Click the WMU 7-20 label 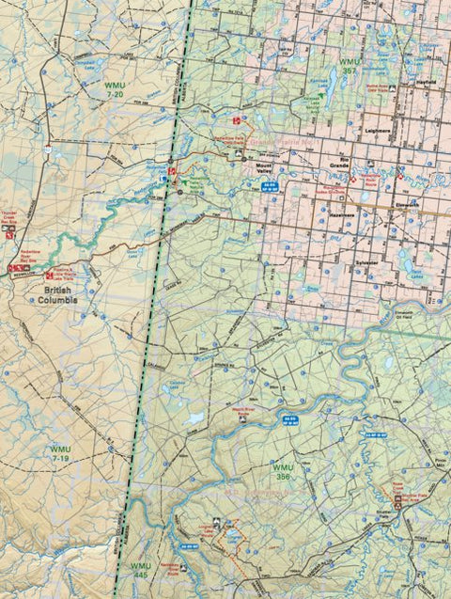tap(116, 91)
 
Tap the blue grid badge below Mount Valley tap(269, 185)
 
